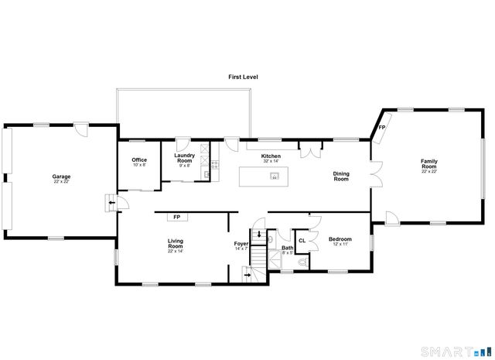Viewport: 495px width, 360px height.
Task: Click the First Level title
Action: point(242,77)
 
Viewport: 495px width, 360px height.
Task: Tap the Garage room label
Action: point(61,177)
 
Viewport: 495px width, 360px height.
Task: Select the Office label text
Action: point(138,160)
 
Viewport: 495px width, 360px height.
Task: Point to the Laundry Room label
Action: point(184,157)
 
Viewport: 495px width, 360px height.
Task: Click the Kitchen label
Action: point(271,156)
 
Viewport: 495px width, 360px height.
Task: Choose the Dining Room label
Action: point(340,177)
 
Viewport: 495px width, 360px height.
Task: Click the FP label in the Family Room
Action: point(382,128)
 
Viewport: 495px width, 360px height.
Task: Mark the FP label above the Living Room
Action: point(176,218)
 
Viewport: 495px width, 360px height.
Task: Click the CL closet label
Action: point(302,241)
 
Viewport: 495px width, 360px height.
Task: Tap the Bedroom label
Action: point(340,239)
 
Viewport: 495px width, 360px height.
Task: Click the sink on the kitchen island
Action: point(274,177)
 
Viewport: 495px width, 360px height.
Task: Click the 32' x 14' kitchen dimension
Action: point(271,162)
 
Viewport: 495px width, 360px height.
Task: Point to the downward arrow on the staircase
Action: point(258,235)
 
